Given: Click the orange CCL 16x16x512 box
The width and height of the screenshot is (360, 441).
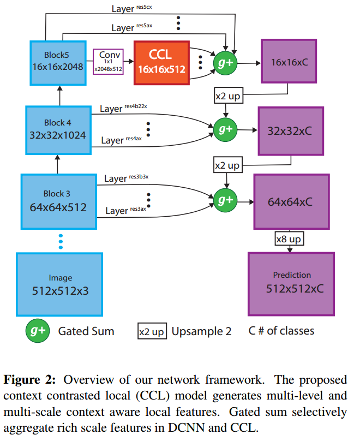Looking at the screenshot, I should tap(161, 63).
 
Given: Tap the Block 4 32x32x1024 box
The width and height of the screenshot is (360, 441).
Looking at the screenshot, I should tap(57, 129).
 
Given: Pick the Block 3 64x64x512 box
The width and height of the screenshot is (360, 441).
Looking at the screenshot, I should tap(57, 200).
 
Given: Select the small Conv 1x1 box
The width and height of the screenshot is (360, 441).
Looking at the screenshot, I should tap(109, 62).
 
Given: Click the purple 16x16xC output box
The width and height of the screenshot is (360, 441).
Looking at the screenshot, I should tap(289, 63).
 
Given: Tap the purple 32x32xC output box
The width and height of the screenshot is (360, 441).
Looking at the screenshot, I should tap(290, 130).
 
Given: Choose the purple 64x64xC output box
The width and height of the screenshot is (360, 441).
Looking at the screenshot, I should tap(290, 202).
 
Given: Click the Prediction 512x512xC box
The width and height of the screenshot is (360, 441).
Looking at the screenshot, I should tap(292, 283).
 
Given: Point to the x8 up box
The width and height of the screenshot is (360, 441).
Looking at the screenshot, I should tap(289, 239).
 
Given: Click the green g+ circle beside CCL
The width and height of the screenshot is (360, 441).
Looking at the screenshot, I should tap(225, 63).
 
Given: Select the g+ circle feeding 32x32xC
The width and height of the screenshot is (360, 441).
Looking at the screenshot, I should tap(225, 129).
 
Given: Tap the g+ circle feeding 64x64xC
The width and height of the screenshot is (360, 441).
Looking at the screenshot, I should tap(225, 200).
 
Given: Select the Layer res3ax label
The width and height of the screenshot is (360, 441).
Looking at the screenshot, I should tap(125, 210).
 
